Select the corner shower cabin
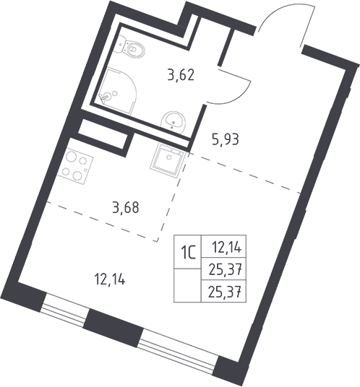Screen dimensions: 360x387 tap(118, 91)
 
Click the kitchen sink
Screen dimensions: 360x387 tap(167, 160)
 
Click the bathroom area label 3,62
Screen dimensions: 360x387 tap(181, 75)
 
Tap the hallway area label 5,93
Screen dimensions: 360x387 tap(226, 139)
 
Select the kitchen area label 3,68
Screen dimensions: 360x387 tap(126, 207)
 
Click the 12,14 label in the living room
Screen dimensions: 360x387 tap(110, 280)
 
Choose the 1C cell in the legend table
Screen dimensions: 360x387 tap(188, 251)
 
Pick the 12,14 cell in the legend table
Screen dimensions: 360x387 tap(224, 246)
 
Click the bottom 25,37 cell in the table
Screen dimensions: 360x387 tap(224, 291)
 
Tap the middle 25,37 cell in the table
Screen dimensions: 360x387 tap(224, 269)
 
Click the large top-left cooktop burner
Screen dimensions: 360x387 tap(72, 156)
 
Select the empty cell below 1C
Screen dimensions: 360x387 tap(188, 285)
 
